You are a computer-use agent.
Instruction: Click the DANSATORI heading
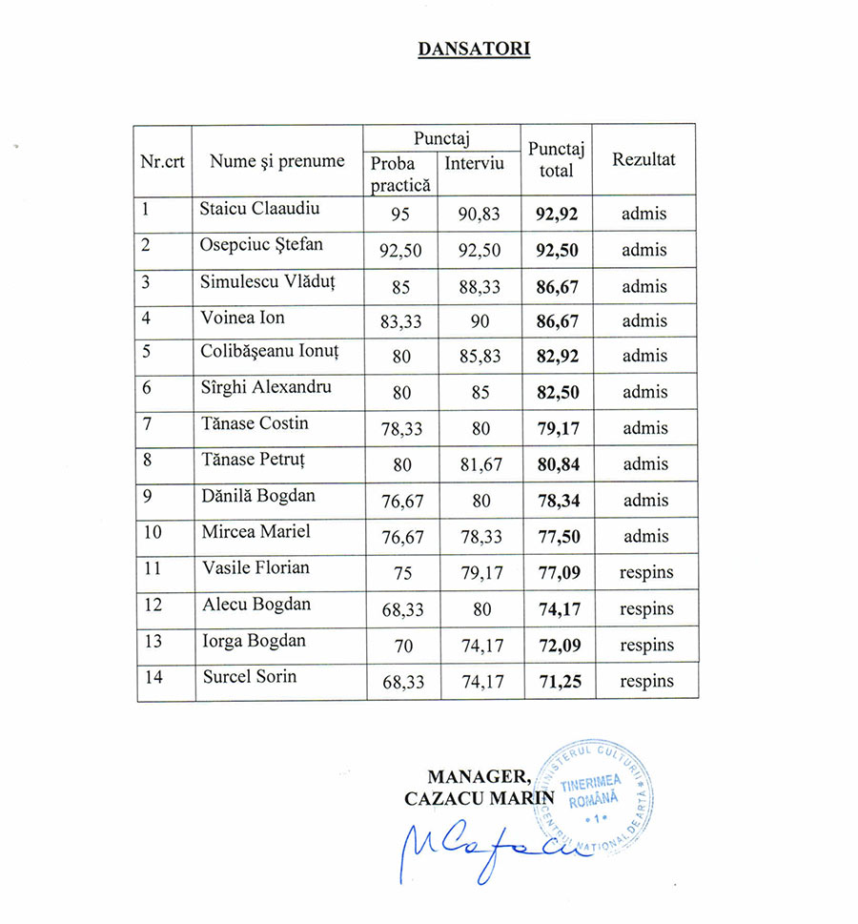[x=473, y=48]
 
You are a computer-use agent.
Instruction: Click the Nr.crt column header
[x=162, y=161]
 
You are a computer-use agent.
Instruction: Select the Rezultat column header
[x=643, y=159]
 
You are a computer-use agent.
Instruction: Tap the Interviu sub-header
[x=474, y=163]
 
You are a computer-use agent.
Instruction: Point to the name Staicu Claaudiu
[x=259, y=208]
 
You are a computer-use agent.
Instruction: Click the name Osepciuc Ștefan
[x=261, y=244]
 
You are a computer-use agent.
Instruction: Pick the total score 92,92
[x=558, y=214]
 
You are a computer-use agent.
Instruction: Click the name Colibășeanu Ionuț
[x=269, y=352]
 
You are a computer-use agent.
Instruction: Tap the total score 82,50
[x=558, y=393]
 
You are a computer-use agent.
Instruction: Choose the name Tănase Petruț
[x=253, y=460]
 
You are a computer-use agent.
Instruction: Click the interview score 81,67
[x=481, y=464]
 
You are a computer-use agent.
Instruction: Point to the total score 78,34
[x=558, y=501]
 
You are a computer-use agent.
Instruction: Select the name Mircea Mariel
[x=255, y=531]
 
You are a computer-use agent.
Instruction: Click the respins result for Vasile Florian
[x=646, y=573]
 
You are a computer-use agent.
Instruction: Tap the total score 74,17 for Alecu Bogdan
[x=558, y=609]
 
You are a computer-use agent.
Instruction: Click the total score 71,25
[x=558, y=682]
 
